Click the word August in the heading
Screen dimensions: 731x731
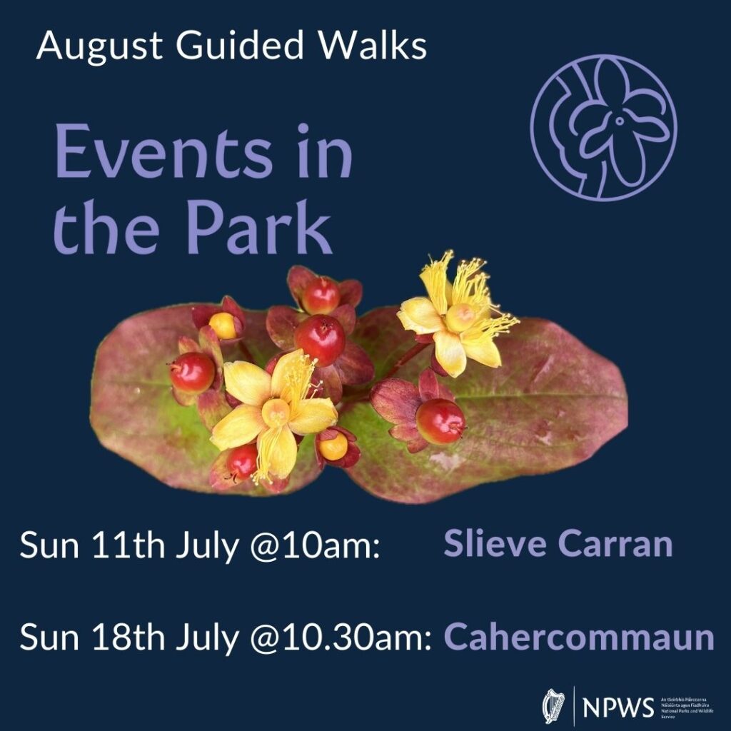(x=96, y=46)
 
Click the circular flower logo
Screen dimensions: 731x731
(x=603, y=128)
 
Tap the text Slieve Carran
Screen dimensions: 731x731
(x=558, y=544)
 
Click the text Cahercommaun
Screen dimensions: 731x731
(x=579, y=637)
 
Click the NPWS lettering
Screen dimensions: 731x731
(x=618, y=707)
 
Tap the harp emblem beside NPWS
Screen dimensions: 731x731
(x=554, y=706)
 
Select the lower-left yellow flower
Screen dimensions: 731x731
(x=274, y=410)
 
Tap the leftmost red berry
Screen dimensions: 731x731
(x=192, y=372)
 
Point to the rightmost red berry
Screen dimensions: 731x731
(x=440, y=420)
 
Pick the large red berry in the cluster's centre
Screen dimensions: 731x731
(x=320, y=340)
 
